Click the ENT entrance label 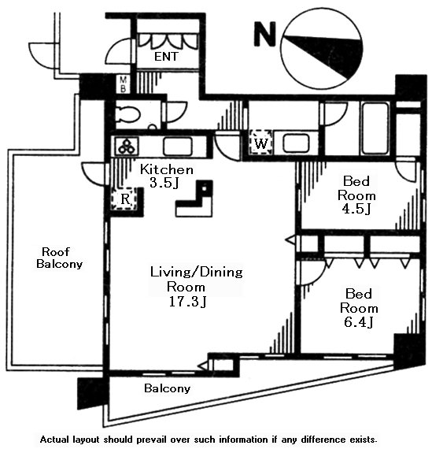(166, 57)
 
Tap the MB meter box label (124, 84)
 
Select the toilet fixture (129, 115)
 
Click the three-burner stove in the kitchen (127, 146)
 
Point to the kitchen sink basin (177, 146)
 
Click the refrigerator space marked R (125, 199)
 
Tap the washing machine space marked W (260, 143)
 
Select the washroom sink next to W (296, 143)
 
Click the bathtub (375, 128)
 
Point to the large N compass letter (265, 34)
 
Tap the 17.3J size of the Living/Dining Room (188, 302)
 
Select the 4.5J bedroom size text (356, 209)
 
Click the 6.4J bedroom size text (358, 322)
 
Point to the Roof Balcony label (60, 258)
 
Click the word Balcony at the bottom (168, 388)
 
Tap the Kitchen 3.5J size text (164, 183)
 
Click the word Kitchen (167, 170)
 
